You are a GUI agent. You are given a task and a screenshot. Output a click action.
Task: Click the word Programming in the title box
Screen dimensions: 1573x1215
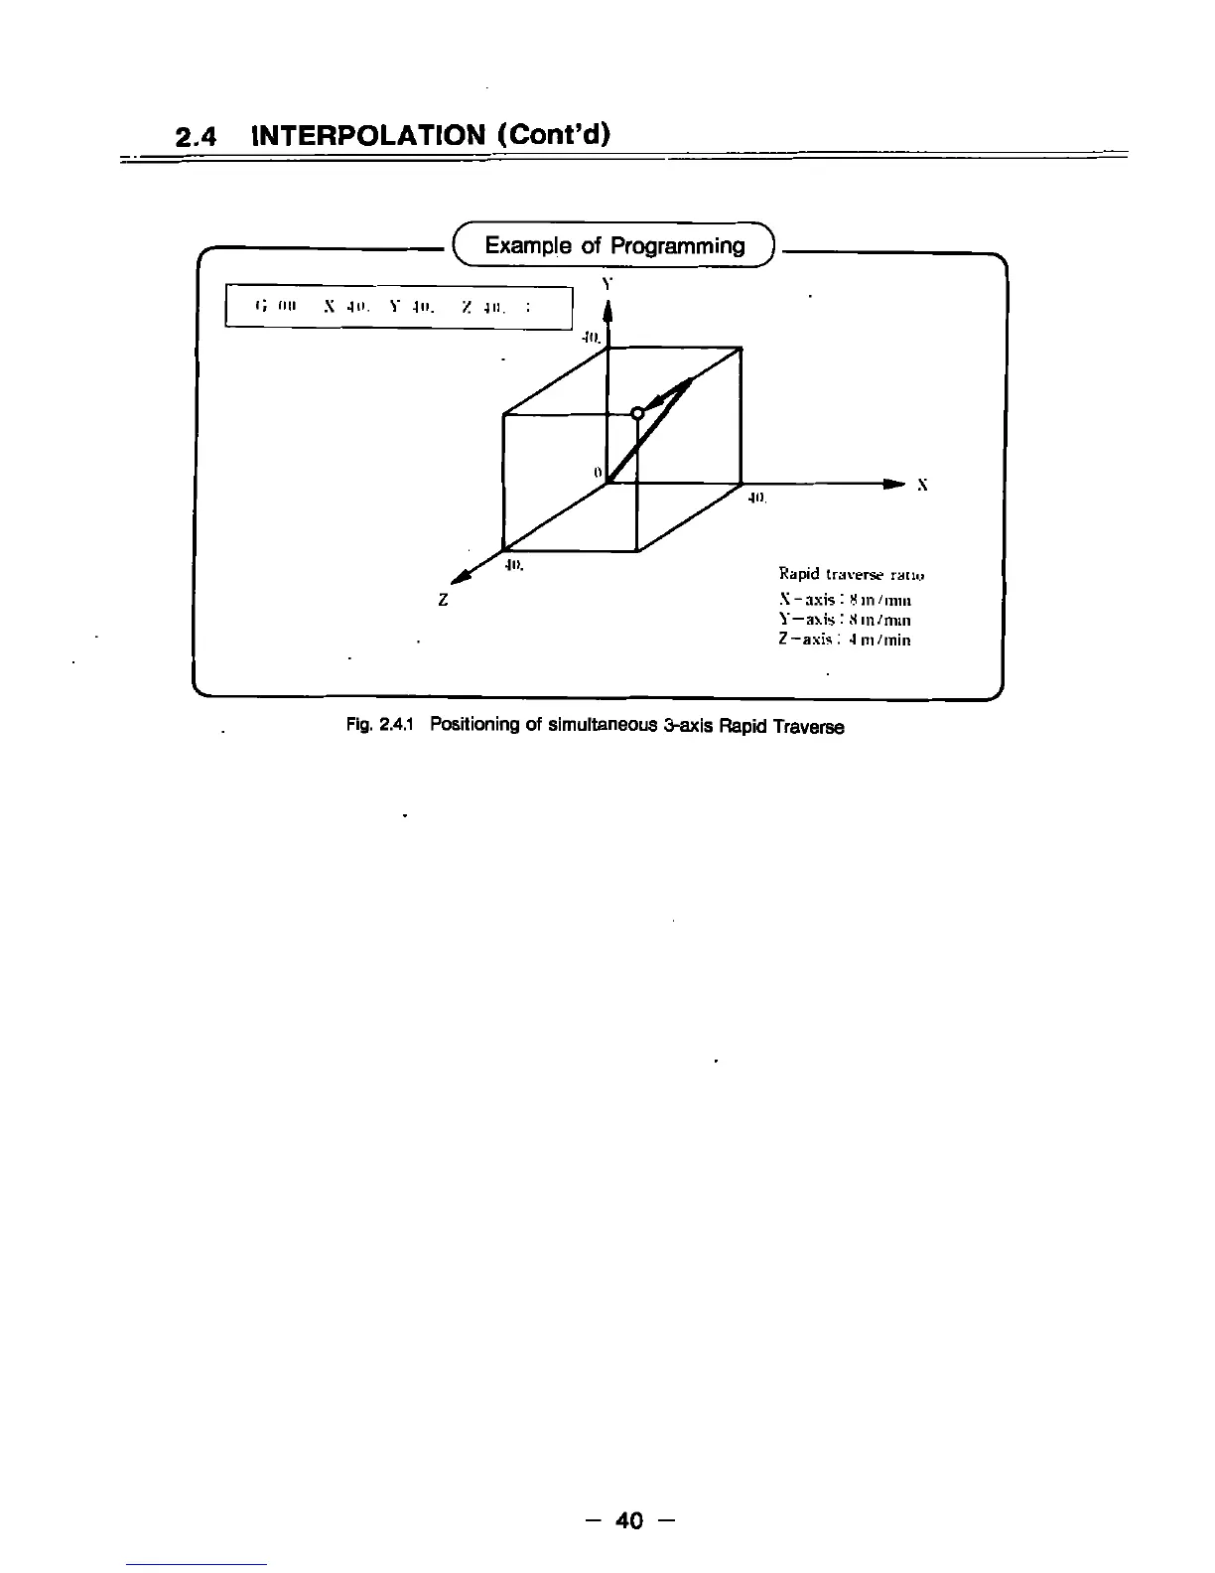coord(677,245)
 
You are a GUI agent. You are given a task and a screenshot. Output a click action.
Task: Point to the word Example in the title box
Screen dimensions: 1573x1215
coord(528,245)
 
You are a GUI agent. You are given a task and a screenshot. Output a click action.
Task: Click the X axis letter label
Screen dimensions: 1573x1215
coord(922,486)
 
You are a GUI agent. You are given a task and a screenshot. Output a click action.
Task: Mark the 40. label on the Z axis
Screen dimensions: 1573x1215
coord(513,566)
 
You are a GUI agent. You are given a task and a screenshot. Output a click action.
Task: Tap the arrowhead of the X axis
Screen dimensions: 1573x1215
coord(893,484)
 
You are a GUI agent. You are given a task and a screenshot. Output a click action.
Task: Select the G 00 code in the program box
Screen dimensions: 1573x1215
coord(272,307)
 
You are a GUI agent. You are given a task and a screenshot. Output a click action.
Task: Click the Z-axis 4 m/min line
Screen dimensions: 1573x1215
coord(844,641)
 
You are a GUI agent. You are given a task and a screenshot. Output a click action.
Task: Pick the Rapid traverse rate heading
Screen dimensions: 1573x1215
coord(852,574)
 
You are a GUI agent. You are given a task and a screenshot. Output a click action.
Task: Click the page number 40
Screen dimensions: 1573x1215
coord(629,1520)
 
